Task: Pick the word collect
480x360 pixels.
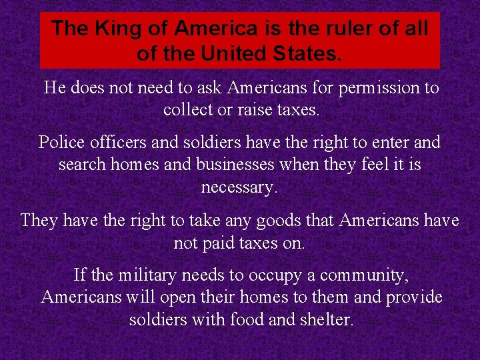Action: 187,109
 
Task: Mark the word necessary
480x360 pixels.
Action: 239,187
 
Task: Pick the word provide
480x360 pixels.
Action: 413,297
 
